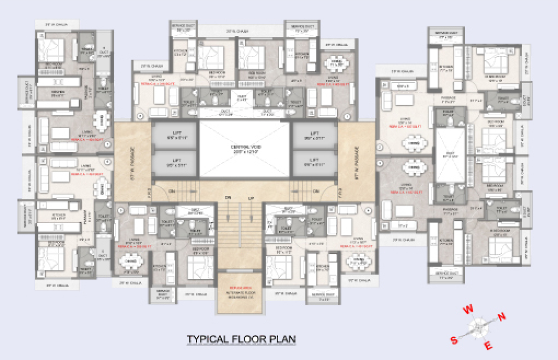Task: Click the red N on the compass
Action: (502, 317)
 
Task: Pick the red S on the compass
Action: (453, 340)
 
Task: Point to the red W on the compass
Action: (468, 309)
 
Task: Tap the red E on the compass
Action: (488, 346)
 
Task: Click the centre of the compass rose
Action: (478, 327)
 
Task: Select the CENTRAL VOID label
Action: (243, 150)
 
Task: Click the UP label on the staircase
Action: (251, 199)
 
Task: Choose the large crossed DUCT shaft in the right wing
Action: (450, 155)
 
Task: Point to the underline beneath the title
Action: (241, 345)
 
